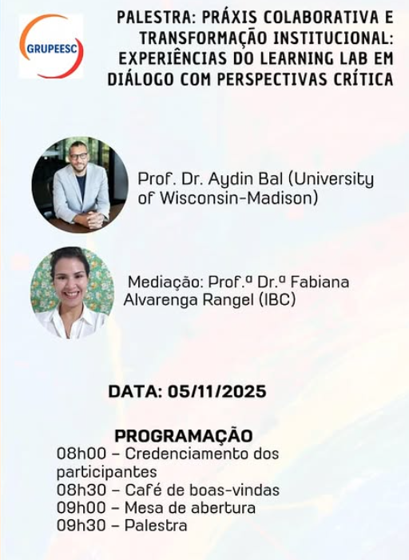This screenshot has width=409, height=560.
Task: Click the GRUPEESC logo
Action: [51, 46]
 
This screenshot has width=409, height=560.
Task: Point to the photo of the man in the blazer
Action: [80, 185]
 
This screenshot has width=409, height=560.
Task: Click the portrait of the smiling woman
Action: [72, 292]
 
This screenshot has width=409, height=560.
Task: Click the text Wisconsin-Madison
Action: [227, 198]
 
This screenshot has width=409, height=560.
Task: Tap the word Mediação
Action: [165, 282]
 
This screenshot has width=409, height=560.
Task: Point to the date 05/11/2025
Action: [217, 392]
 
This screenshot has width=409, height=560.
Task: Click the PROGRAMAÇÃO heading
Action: [184, 436]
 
